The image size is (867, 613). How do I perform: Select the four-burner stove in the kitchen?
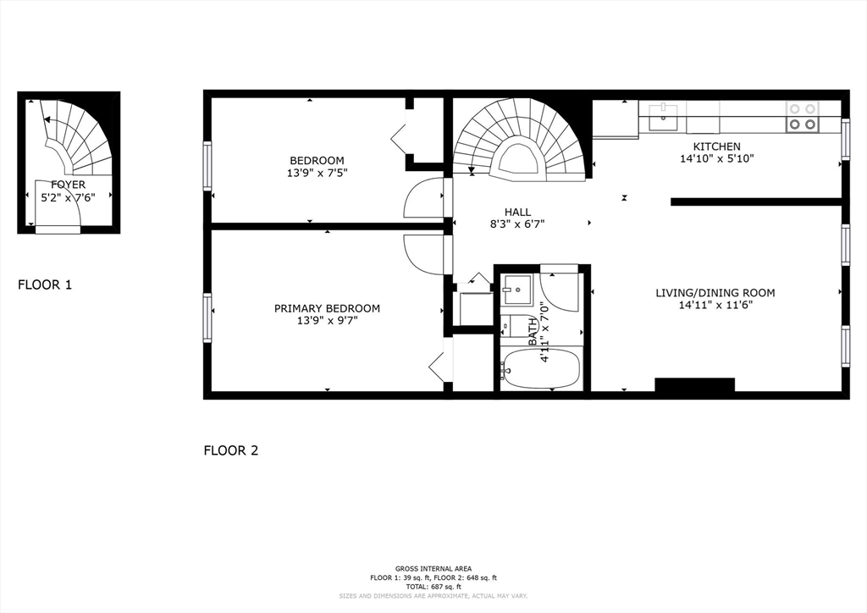(802, 117)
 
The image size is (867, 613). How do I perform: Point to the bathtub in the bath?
(541, 368)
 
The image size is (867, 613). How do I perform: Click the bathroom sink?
(516, 290)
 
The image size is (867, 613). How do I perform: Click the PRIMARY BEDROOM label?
(327, 308)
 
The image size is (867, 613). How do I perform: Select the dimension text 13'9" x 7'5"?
(317, 173)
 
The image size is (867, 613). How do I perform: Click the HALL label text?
(517, 213)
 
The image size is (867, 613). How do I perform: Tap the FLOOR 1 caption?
(45, 285)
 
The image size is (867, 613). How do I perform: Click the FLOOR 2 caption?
(230, 450)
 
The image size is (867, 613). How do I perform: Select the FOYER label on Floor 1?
(68, 185)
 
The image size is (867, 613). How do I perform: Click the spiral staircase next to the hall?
(518, 140)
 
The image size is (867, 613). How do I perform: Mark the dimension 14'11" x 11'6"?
(715, 306)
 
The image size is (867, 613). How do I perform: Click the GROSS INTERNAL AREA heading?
(433, 568)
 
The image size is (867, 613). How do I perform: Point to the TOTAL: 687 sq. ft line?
(433, 586)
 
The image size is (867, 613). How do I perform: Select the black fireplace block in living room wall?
(694, 385)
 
